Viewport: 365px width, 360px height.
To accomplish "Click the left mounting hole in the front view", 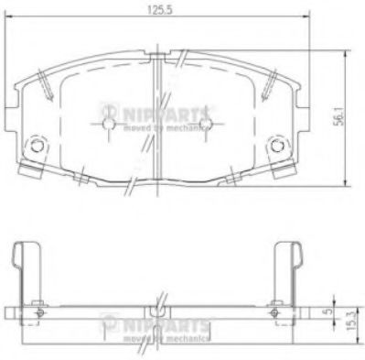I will (38, 145).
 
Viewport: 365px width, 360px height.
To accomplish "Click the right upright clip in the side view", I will (287, 266).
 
